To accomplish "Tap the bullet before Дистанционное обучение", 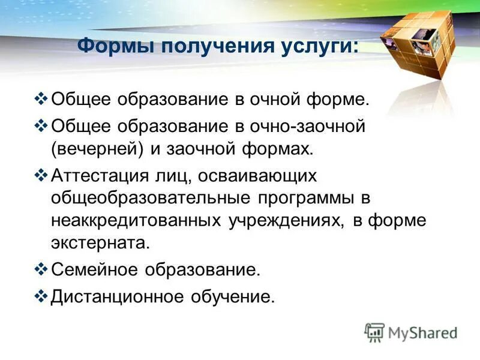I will click(x=41, y=296).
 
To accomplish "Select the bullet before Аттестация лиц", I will click(x=41, y=175).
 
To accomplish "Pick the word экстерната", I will click(x=98, y=242).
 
